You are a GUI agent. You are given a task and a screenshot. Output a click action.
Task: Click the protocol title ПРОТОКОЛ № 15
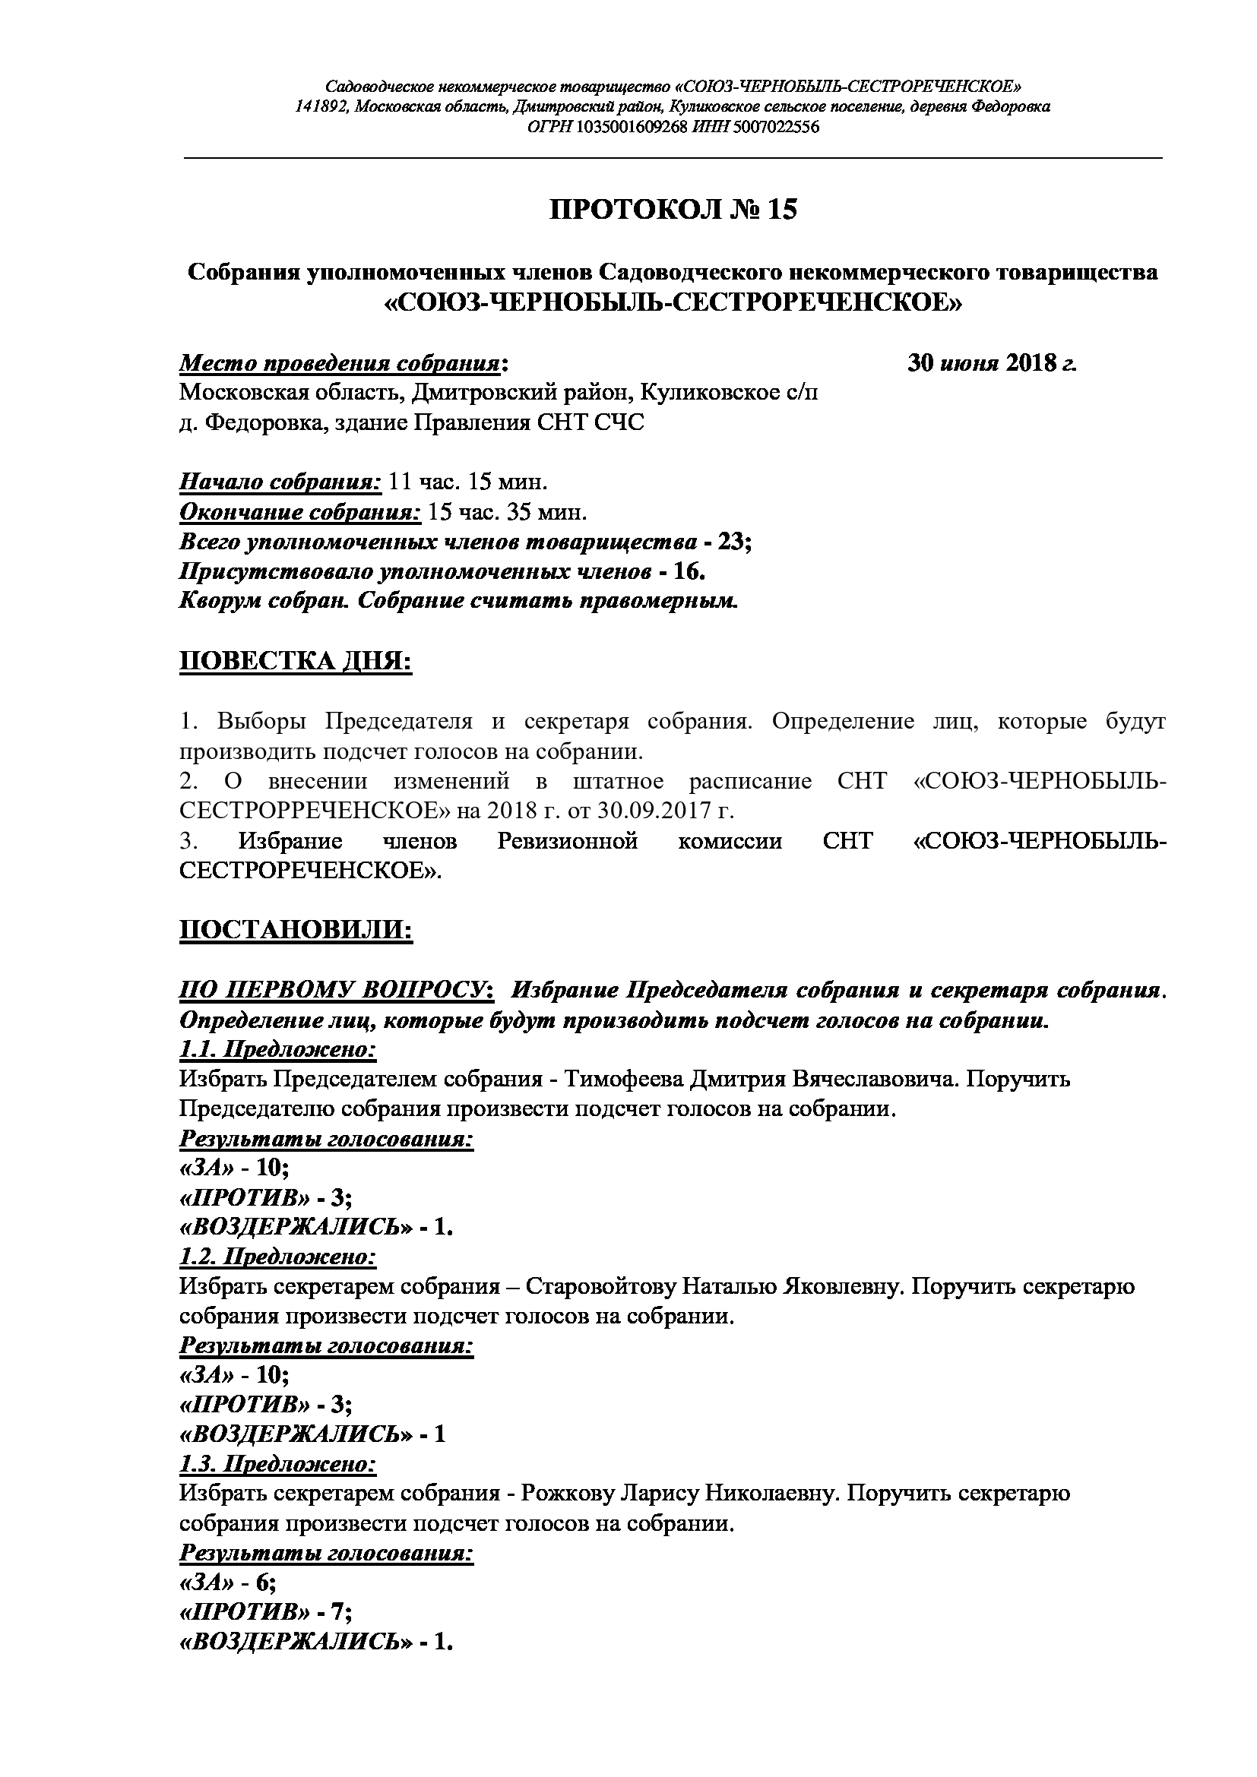(673, 210)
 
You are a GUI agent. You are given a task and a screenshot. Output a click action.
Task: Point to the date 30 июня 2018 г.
(992, 363)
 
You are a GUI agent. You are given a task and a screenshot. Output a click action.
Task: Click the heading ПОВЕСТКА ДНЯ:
(296, 662)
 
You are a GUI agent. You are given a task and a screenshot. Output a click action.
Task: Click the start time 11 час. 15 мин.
(467, 482)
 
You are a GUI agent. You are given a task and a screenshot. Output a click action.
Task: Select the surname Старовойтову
(600, 1287)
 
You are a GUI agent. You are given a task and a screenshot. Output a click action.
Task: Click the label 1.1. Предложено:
(278, 1049)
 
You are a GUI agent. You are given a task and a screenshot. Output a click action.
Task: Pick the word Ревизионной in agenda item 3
(568, 840)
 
